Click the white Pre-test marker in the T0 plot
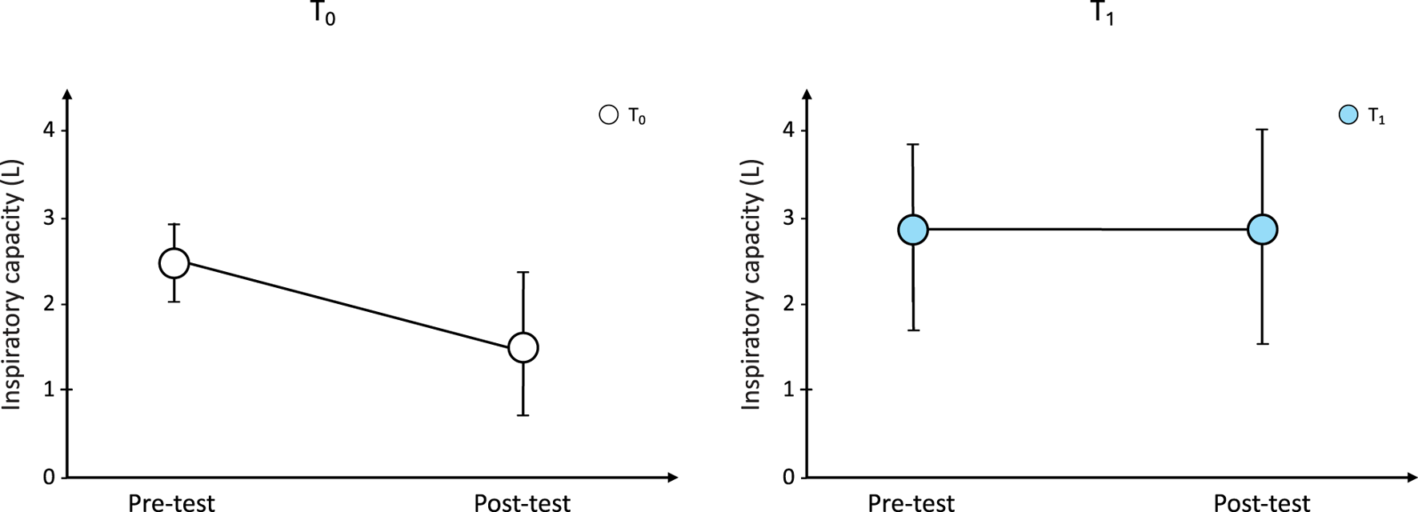(174, 262)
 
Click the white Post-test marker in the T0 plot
(523, 347)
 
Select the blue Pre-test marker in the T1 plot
(912, 230)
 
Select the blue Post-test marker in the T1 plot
(1262, 230)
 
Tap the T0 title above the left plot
(322, 14)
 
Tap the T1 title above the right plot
(1102, 14)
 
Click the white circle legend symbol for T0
(609, 115)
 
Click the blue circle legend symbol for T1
(1348, 115)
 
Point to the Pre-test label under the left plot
(171, 502)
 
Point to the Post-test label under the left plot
(522, 502)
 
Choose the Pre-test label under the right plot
(911, 502)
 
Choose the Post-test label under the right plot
(1261, 502)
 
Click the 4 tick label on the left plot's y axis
(49, 130)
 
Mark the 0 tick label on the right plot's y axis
(789, 478)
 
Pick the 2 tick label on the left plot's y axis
(49, 304)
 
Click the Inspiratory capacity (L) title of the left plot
(11, 285)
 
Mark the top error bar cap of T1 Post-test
(1262, 130)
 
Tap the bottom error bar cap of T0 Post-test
(523, 415)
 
